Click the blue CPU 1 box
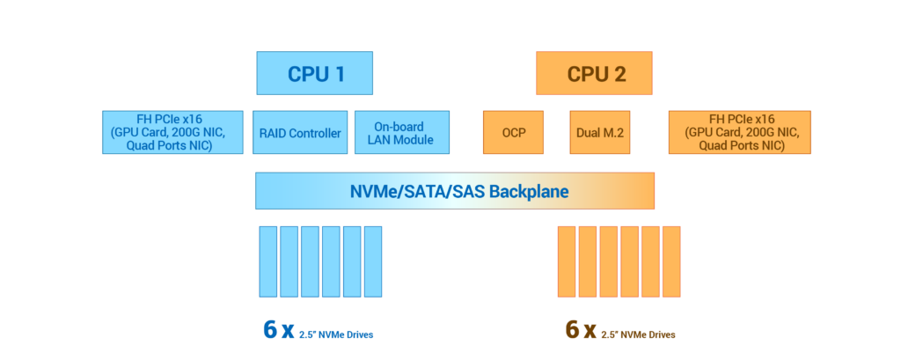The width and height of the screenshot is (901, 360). coord(314,73)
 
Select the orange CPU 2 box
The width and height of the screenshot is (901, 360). coord(594,73)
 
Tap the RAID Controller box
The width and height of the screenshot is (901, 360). coord(299,133)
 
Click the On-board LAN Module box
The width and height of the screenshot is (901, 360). coord(402,133)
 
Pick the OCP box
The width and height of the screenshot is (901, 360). coord(513,133)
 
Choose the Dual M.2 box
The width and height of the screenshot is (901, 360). coord(600,133)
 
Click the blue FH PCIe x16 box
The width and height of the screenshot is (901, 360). coord(172,133)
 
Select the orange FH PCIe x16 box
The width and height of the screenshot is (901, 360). coord(740,133)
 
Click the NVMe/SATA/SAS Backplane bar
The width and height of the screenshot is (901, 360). coord(455,191)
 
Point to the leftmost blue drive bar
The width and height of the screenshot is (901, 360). coord(267,261)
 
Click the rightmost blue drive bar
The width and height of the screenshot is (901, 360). coord(373,261)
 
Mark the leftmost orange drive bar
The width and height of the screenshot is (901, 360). coord(566,261)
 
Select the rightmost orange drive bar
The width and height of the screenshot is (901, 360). coord(671,261)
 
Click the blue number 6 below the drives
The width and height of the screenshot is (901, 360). coord(270,330)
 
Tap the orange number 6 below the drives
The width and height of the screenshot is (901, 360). coord(572,330)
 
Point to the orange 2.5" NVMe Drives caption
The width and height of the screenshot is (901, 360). coord(641,334)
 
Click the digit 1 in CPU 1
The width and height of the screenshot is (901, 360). coord(339,74)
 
